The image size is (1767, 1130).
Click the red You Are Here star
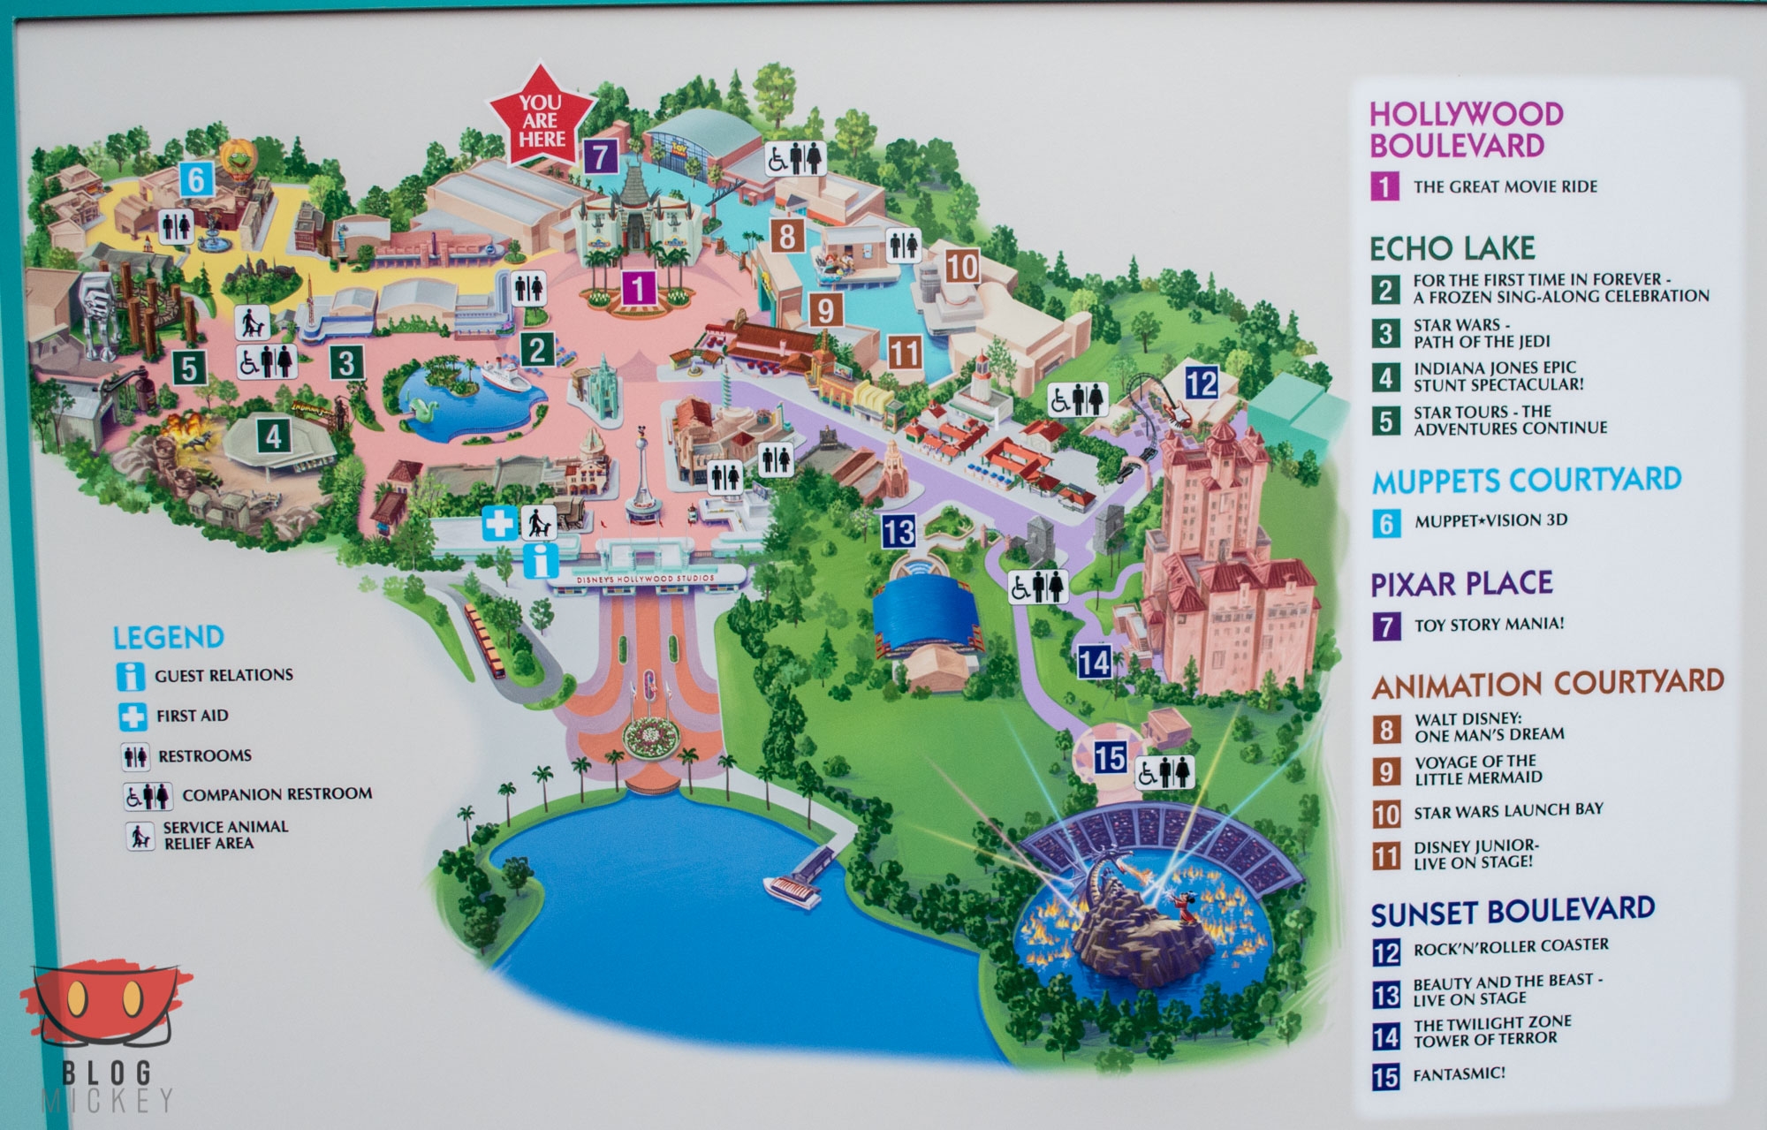click(x=542, y=121)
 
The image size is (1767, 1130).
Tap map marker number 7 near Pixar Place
click(x=600, y=156)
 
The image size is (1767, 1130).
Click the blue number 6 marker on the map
click(x=195, y=180)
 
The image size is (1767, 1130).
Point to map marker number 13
click(x=899, y=532)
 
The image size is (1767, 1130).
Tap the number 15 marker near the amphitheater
click(x=1110, y=757)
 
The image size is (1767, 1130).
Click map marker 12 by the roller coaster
click(x=1201, y=383)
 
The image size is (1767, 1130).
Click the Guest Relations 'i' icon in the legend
click(x=130, y=676)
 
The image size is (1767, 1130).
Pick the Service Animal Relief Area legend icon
click(x=139, y=836)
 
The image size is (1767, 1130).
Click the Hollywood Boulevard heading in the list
click(x=1466, y=129)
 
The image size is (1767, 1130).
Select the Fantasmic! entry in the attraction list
click(x=1459, y=1074)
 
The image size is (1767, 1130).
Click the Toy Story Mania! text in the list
click(x=1489, y=625)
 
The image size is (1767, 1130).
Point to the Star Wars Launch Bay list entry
click(x=1507, y=809)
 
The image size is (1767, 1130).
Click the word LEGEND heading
click(x=168, y=637)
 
